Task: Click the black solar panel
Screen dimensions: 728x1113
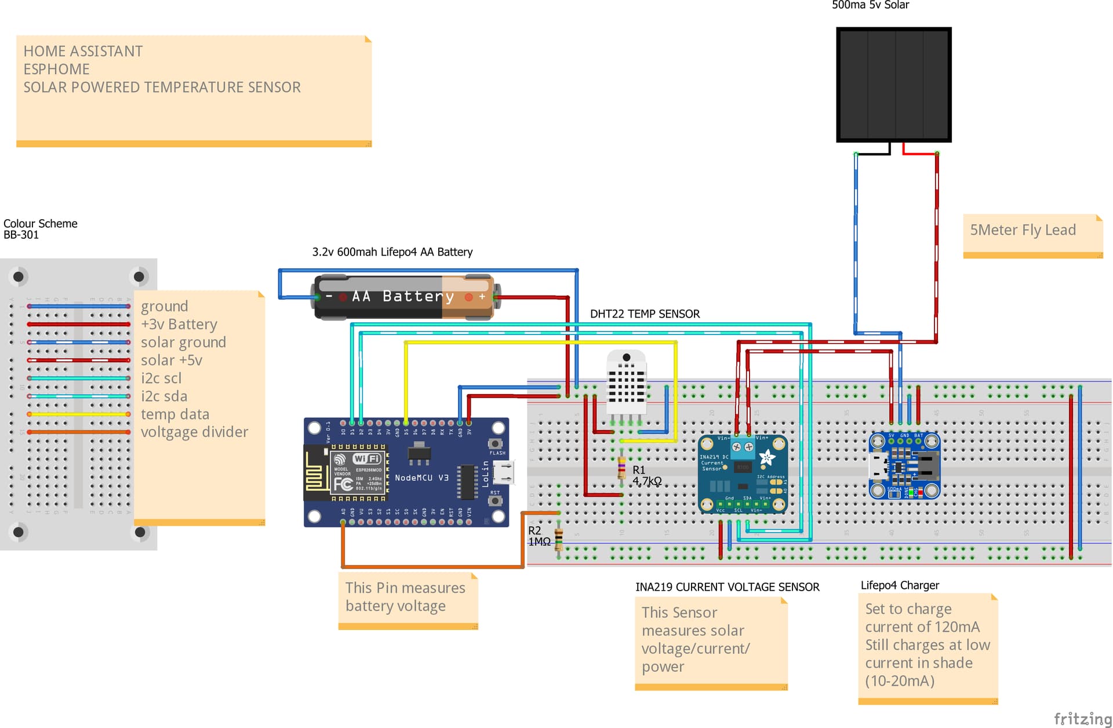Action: click(x=893, y=85)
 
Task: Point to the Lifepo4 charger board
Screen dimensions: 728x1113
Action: click(x=904, y=465)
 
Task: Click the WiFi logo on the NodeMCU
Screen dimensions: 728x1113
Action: click(x=366, y=458)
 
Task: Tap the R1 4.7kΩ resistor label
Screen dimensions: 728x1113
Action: click(x=646, y=476)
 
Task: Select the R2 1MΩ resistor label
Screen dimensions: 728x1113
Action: click(x=539, y=536)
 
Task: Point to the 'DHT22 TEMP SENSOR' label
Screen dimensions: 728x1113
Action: click(x=645, y=314)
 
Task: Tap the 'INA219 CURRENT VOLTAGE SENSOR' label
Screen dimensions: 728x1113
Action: click(x=727, y=587)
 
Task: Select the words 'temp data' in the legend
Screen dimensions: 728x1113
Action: click(x=174, y=414)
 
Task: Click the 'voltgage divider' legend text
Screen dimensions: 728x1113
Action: click(x=194, y=432)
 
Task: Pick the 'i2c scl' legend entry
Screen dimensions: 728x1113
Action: click(x=161, y=378)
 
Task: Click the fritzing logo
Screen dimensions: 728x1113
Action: click(x=1082, y=718)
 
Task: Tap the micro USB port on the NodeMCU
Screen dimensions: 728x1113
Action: click(x=504, y=472)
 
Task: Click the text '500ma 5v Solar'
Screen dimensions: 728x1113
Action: click(x=870, y=5)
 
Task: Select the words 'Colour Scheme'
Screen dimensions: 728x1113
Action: click(x=40, y=224)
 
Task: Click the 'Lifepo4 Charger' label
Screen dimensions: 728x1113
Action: click(x=899, y=585)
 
